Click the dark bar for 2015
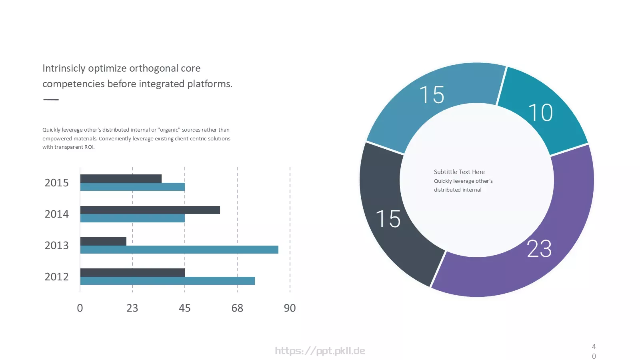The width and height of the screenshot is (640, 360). pyautogui.click(x=121, y=178)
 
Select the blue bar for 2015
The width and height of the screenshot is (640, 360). pyautogui.click(x=132, y=187)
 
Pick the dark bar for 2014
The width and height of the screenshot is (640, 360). pyautogui.click(x=150, y=210)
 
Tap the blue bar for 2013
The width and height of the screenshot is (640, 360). pyautogui.click(x=179, y=250)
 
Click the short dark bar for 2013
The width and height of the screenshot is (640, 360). pyautogui.click(x=103, y=242)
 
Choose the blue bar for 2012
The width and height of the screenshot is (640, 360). pyautogui.click(x=168, y=280)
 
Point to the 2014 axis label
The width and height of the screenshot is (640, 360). pyautogui.click(x=56, y=214)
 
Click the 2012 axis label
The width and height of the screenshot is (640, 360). pyautogui.click(x=56, y=276)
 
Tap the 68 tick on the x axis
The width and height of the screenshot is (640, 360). pyautogui.click(x=237, y=308)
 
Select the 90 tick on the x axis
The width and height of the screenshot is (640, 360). pyautogui.click(x=290, y=308)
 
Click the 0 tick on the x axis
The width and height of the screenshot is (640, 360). pyautogui.click(x=80, y=308)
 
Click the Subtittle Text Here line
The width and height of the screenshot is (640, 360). pyautogui.click(x=459, y=172)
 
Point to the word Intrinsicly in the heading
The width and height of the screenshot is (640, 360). pyautogui.click(x=64, y=68)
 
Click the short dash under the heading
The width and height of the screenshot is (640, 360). pyautogui.click(x=51, y=100)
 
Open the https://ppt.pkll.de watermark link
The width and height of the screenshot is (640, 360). pyautogui.click(x=320, y=350)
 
